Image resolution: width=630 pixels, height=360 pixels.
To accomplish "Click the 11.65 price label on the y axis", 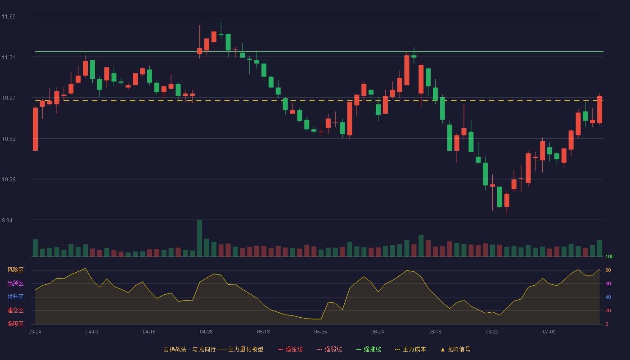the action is [9, 17].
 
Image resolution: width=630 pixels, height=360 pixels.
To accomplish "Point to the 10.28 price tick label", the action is [9, 180].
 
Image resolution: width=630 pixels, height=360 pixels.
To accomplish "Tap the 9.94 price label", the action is [7, 220].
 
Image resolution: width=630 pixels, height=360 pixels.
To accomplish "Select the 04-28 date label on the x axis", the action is [206, 332].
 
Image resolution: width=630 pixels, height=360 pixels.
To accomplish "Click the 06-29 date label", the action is [492, 332].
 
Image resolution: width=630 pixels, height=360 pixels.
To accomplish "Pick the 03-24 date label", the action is [35, 332].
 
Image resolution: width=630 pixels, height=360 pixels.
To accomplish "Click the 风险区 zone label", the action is [15, 270].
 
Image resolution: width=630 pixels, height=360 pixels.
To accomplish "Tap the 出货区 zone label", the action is [15, 283].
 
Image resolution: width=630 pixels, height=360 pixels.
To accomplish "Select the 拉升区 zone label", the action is [15, 297].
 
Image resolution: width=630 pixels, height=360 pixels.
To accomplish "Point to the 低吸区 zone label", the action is [15, 324].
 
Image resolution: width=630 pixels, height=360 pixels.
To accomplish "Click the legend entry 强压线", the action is [290, 349].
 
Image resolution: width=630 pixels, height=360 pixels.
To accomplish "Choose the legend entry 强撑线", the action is [369, 349].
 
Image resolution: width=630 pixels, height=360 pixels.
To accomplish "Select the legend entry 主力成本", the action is [410, 349].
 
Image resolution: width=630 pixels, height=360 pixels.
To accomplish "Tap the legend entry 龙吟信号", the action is [455, 349].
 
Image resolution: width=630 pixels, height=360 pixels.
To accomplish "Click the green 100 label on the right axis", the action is [609, 256].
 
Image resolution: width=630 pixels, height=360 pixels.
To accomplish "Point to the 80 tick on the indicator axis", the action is [608, 270].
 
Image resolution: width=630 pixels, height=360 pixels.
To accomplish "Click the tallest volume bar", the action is [200, 238].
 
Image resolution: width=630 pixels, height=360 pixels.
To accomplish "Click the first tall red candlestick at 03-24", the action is [35, 129].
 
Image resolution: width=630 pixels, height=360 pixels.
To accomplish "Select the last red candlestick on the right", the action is [599, 109].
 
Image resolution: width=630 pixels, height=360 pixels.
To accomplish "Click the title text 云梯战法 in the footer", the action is [175, 349].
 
